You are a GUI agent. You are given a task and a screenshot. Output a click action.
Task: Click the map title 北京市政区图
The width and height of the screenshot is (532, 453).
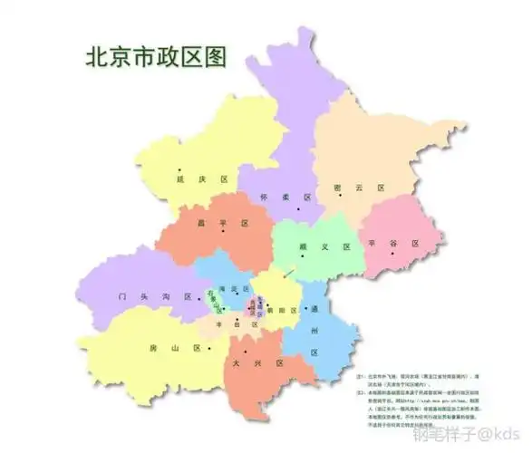point(155,56)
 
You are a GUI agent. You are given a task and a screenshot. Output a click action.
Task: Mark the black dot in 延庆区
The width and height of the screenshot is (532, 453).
point(180,169)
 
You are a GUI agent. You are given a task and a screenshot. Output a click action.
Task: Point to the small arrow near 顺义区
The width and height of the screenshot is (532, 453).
point(288,272)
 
